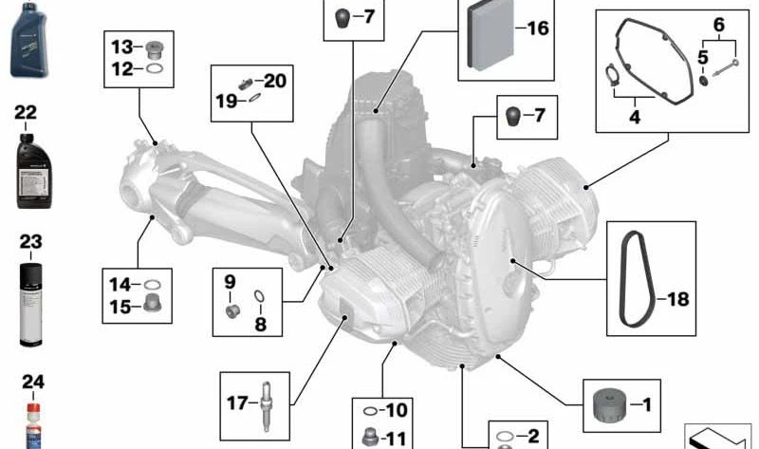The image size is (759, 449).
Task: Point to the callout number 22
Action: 26,113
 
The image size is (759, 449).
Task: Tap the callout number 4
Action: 635,118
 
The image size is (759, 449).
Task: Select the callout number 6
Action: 718,23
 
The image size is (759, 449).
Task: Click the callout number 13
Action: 122,47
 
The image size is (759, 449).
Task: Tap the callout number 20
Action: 274,81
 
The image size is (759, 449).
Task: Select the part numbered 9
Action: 231,310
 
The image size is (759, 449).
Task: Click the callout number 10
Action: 396,411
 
